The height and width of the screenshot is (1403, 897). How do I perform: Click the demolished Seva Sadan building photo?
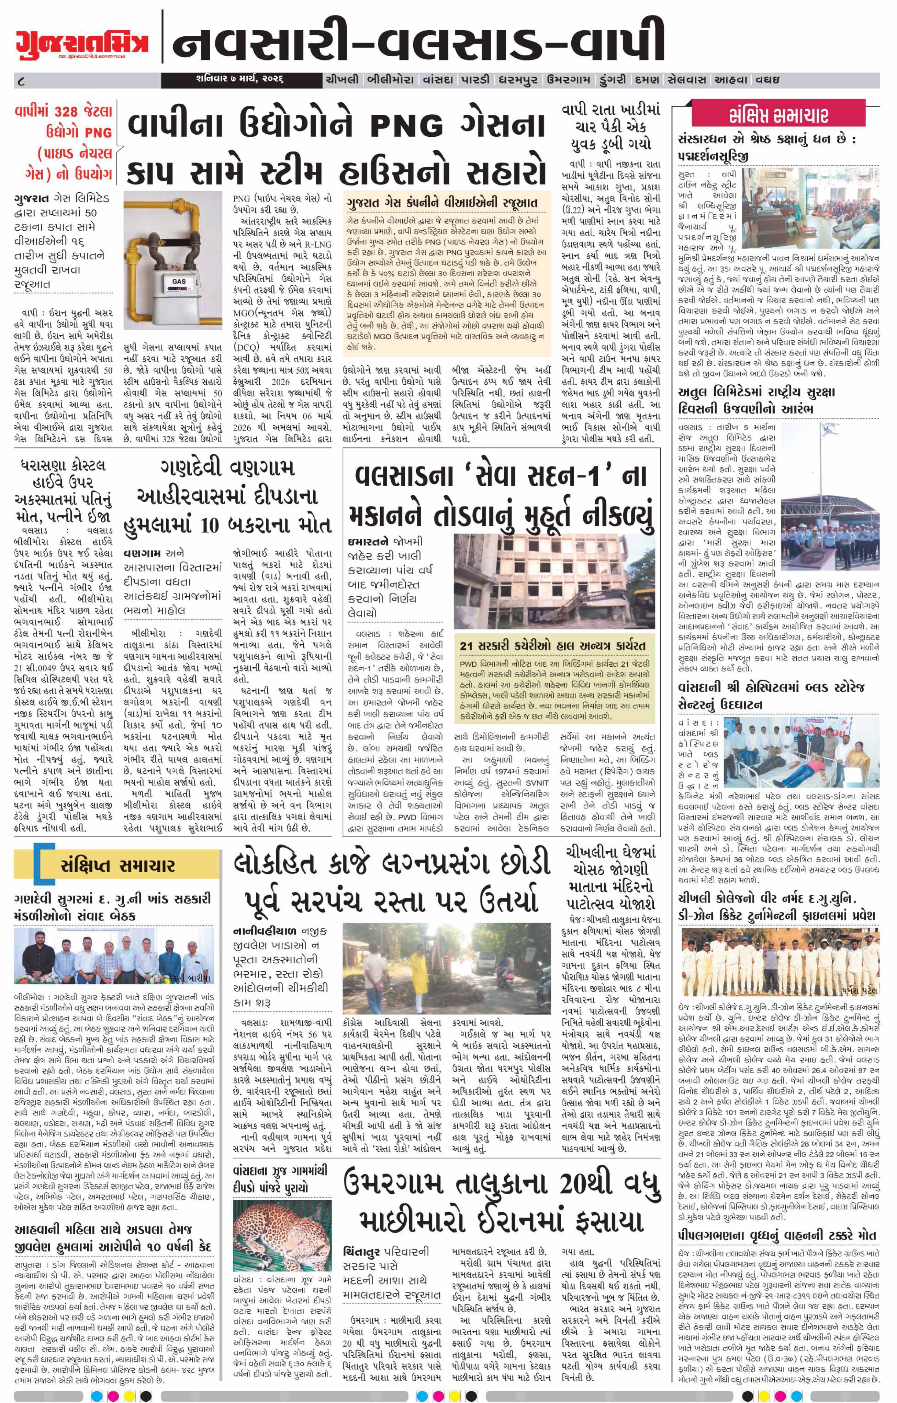tap(556, 574)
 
